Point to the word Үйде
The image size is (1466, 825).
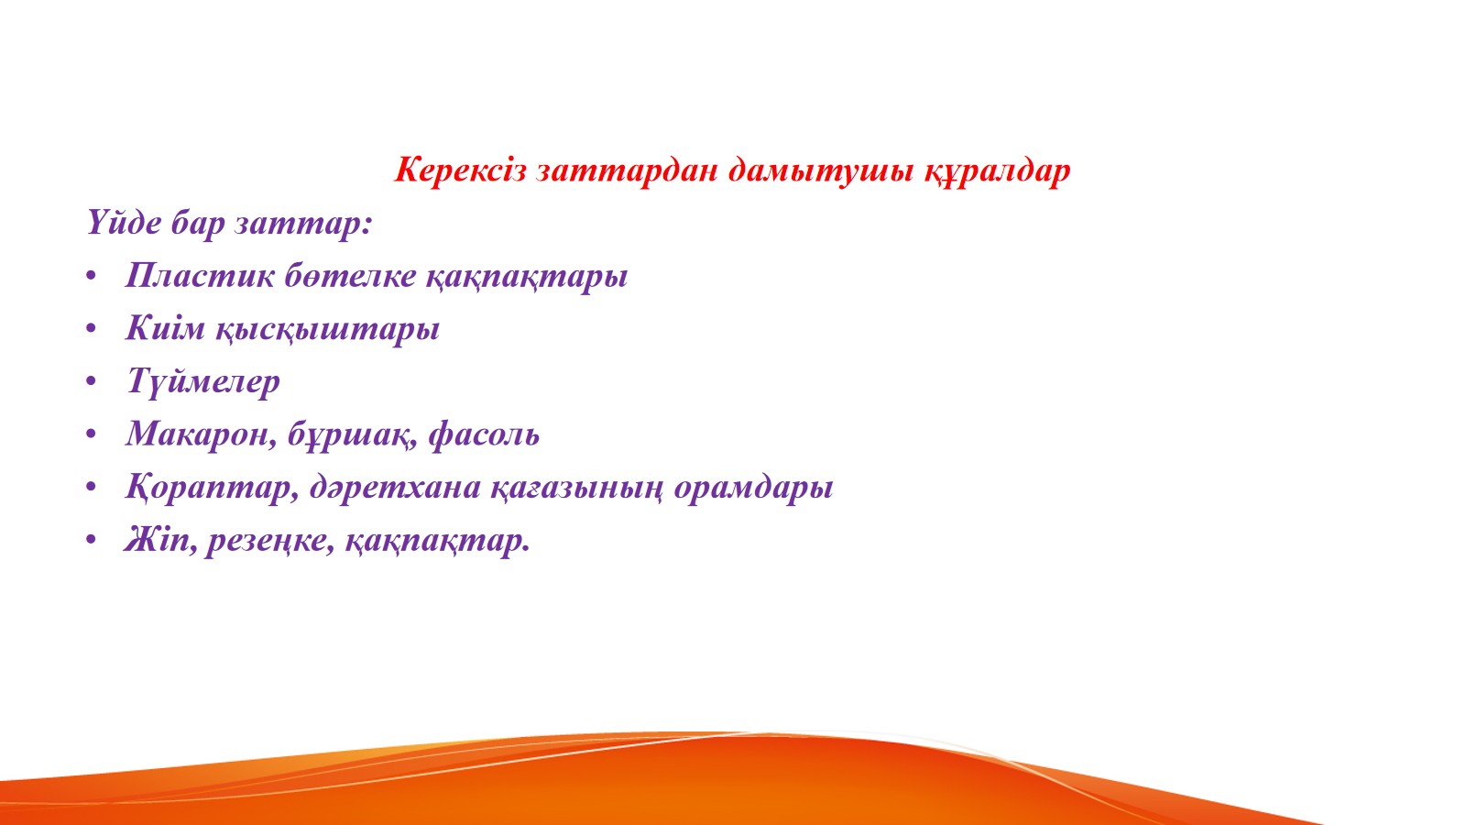[125, 223]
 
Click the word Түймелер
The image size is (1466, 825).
[202, 381]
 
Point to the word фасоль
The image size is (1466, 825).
[484, 434]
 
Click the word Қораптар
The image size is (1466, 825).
[212, 488]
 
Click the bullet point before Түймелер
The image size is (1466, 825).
[91, 381]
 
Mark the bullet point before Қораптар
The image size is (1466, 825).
[91, 487]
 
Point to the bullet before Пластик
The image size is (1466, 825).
[91, 276]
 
